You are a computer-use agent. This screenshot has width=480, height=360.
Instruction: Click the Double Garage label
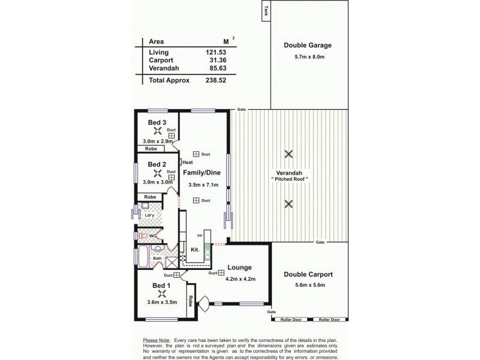pos(308,45)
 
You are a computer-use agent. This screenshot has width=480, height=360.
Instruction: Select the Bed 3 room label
pos(157,123)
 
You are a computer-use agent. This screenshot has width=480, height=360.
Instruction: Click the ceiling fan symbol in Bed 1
pos(161,294)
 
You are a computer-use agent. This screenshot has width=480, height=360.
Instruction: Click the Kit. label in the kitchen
pos(195,249)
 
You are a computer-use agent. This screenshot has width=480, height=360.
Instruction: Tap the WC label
pos(153,235)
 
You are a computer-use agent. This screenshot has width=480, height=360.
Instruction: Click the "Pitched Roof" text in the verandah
pos(289,179)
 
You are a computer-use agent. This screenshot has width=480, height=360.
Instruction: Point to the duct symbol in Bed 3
pos(171,136)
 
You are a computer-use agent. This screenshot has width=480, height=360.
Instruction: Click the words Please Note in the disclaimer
pos(157,340)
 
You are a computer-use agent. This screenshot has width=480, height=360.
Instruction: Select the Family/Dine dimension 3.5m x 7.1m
pos(203,185)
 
